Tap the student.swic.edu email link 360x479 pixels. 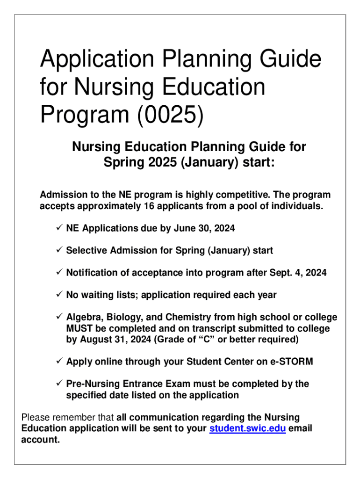point(247,428)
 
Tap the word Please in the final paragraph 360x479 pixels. point(36,417)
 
